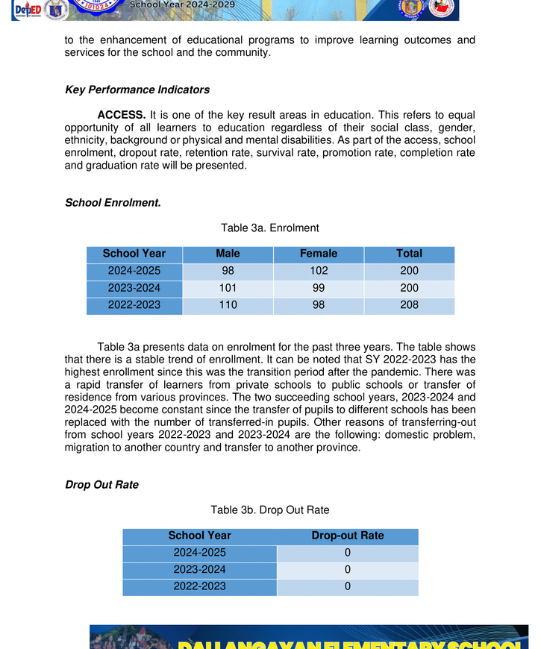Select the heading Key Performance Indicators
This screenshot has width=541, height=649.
(137, 90)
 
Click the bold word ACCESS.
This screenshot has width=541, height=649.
(121, 115)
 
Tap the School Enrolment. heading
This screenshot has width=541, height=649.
(113, 202)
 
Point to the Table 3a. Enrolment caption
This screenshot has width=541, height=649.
(269, 228)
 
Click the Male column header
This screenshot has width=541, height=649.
(228, 254)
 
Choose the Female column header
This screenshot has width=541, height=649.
(319, 254)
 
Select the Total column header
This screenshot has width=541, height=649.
(409, 254)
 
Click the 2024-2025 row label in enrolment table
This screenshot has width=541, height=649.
(134, 271)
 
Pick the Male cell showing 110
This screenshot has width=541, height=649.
(228, 305)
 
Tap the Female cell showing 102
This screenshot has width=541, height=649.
(319, 271)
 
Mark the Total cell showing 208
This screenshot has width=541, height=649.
(409, 305)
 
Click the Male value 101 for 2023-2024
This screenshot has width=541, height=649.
(228, 288)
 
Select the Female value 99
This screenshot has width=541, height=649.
(319, 288)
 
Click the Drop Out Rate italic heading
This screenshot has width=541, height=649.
(101, 485)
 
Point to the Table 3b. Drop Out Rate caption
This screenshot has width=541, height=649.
(269, 510)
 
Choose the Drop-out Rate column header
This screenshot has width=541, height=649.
(348, 536)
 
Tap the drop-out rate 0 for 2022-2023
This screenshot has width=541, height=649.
(348, 586)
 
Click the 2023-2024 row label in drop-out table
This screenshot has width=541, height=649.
(199, 570)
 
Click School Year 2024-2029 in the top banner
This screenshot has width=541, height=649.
(182, 4)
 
